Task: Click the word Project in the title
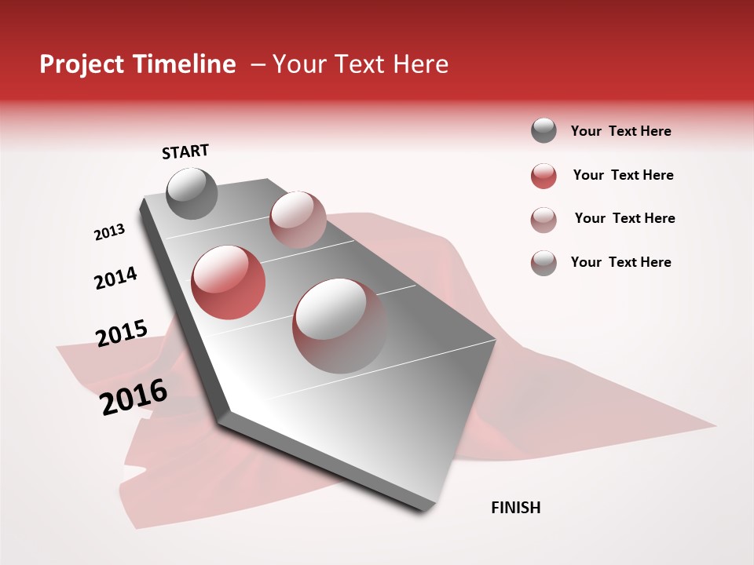(x=81, y=64)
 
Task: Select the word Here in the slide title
(x=419, y=64)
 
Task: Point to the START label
(x=185, y=151)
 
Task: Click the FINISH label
(x=515, y=508)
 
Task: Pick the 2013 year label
(x=109, y=232)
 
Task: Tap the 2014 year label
(x=115, y=278)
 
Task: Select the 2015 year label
(x=122, y=334)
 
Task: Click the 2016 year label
(x=134, y=397)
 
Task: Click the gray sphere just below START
(x=192, y=193)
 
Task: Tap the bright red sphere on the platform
(x=228, y=282)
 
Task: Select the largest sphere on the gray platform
(x=339, y=325)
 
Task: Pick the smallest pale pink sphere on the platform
(x=298, y=219)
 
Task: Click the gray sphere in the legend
(x=544, y=131)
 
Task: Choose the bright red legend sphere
(x=544, y=176)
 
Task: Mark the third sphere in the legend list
(x=544, y=219)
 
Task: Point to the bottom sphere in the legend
(x=544, y=263)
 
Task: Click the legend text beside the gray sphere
(x=620, y=132)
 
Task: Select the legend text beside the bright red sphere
(x=623, y=176)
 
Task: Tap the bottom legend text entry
(x=620, y=262)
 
